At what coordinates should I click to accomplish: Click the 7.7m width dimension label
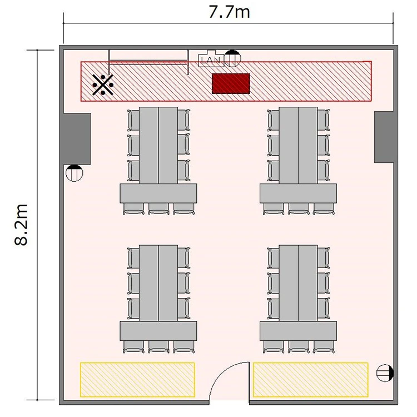point(229,12)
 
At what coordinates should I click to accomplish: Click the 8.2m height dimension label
point(21,225)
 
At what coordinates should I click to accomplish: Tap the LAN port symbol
point(211,59)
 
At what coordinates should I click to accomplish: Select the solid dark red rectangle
point(231,83)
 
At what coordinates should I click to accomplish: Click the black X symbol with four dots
point(103,85)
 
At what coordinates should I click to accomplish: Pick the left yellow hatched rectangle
point(137,380)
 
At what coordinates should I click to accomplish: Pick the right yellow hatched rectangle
point(310,380)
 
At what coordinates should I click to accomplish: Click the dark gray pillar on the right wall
point(384,137)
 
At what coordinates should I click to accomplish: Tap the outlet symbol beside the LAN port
point(232,58)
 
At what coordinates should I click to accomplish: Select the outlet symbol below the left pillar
point(74,173)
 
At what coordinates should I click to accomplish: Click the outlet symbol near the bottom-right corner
point(385,373)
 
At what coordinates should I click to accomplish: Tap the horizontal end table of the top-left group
point(158,193)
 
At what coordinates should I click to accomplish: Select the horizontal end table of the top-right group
point(298,193)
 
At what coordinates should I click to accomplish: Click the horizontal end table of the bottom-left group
point(158,331)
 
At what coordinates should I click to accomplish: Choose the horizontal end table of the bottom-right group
point(298,331)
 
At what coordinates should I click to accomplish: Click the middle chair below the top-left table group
point(158,209)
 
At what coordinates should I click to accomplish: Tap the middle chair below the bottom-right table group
point(298,347)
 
